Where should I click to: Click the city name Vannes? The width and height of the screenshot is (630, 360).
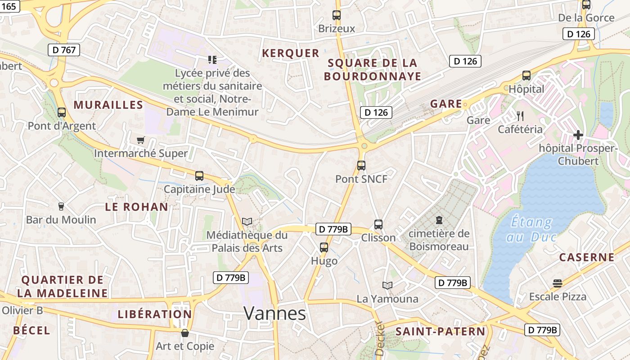275,313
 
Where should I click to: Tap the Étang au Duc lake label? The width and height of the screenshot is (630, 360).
532,229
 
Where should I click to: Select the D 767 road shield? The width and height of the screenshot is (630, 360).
64,50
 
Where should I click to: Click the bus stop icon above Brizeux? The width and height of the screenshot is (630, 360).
337,15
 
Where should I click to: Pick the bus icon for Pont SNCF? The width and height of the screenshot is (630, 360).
361,165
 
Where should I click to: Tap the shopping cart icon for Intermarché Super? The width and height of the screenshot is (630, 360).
141,140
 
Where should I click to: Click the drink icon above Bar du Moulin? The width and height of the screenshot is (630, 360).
61,207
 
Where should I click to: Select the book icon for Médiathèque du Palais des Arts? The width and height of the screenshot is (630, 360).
247,221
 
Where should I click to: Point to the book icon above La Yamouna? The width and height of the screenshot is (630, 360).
387,285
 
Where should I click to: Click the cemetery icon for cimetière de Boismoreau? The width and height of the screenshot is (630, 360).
439,220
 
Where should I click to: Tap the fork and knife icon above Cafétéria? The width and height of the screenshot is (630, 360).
520,116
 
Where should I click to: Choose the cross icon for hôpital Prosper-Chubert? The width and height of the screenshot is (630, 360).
578,135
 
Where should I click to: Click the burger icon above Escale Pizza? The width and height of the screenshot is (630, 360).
558,283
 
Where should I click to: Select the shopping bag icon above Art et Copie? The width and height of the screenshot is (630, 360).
184,333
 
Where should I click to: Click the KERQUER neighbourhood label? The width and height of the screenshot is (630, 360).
291,53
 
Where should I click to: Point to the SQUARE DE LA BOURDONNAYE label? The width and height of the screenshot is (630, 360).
373,69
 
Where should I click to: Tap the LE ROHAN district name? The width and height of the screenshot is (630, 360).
136,207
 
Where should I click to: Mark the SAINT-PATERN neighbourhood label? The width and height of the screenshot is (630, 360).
441,332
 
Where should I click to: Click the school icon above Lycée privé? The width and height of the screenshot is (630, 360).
212,59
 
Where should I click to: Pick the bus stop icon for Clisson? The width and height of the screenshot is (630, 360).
378,224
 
